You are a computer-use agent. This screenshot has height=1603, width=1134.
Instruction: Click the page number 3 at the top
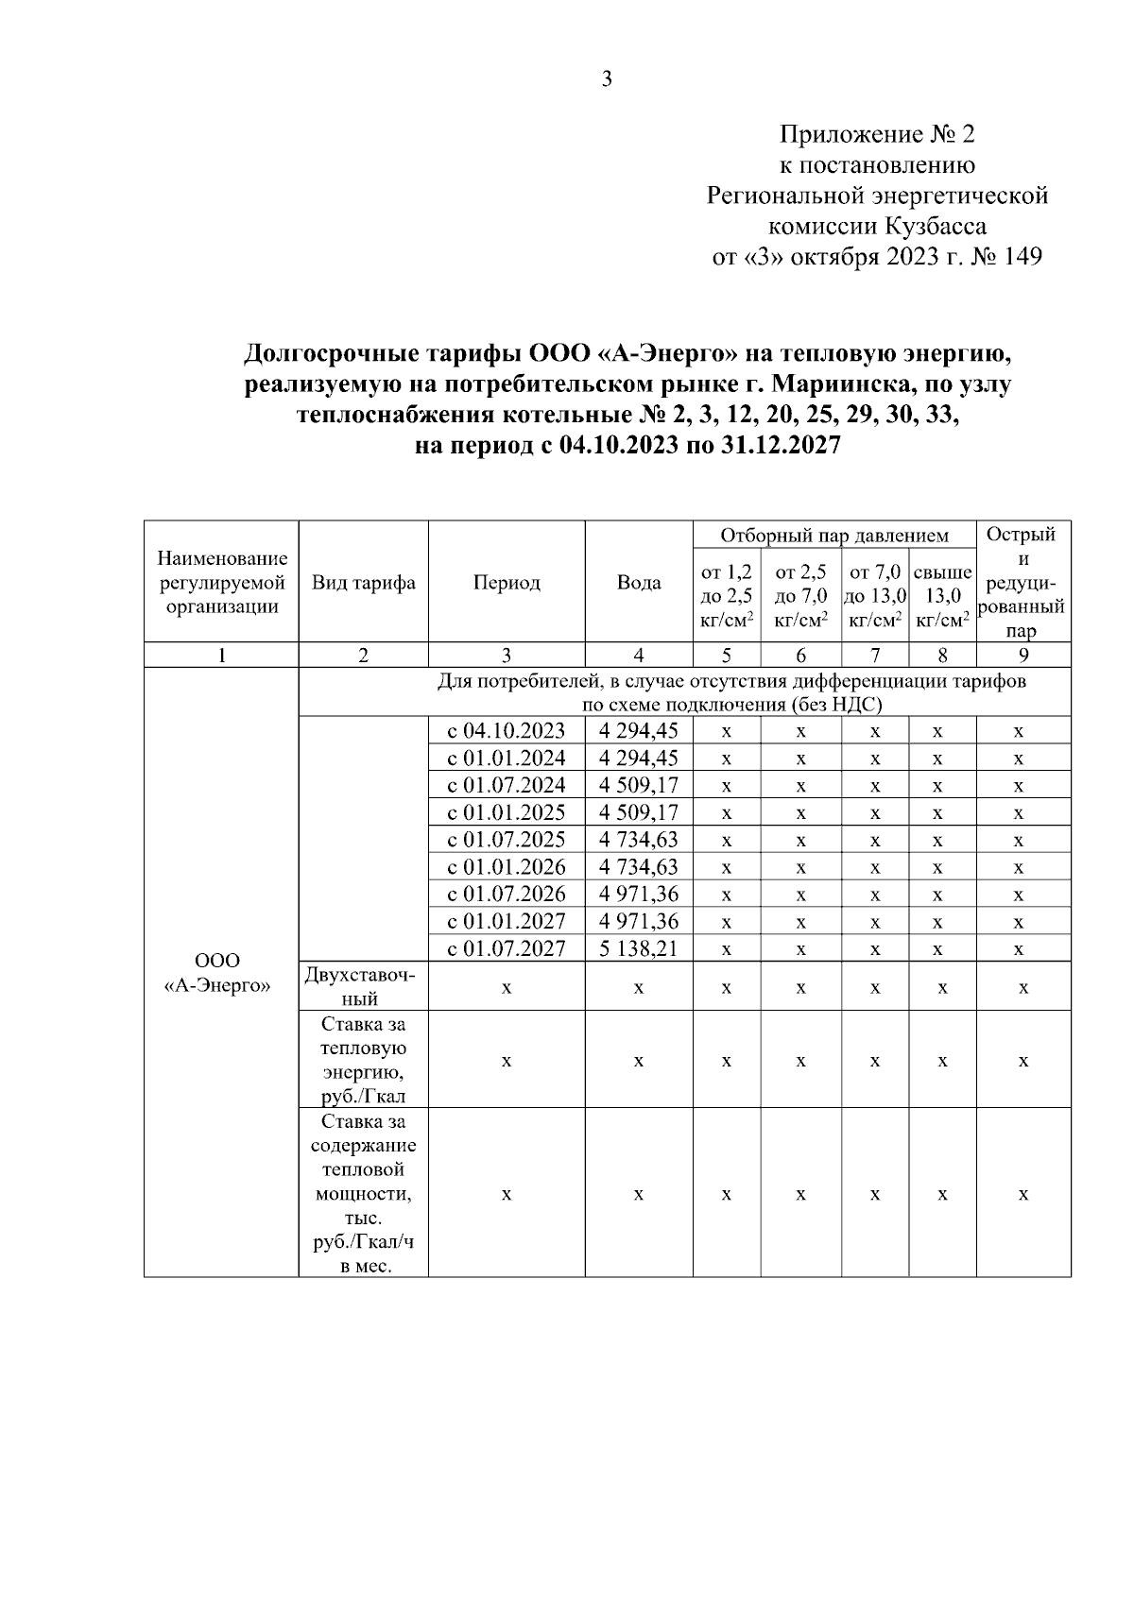coord(607,79)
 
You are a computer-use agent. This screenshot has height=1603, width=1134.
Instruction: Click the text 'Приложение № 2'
coord(877,134)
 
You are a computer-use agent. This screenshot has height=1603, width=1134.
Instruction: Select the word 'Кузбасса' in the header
coord(936,227)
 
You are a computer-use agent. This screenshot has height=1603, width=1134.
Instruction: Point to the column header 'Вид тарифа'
coord(364,583)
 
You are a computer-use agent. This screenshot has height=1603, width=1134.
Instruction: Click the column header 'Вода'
coord(639,583)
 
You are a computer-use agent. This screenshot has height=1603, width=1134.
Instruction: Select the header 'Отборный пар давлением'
coord(834,536)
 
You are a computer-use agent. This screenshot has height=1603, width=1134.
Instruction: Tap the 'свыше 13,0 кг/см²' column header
coord(942,596)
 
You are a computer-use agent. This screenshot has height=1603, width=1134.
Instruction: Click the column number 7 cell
coord(875,656)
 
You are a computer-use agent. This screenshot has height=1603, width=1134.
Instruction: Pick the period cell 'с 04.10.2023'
coord(507,730)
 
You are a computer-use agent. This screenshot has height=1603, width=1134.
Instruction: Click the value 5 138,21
coord(639,948)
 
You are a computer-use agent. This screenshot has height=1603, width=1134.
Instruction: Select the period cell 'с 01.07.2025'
coord(507,840)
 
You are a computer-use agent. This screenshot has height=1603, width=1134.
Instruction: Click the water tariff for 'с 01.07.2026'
coord(639,894)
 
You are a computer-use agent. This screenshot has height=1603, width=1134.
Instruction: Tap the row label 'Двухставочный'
coord(364,986)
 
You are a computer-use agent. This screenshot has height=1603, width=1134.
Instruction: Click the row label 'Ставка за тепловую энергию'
coord(364,1061)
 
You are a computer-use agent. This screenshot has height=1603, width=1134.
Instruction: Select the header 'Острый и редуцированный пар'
coord(1022,583)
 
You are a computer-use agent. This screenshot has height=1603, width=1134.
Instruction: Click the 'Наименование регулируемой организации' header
coord(222,583)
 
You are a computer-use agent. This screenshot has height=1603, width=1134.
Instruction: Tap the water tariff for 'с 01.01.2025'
coord(639,812)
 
